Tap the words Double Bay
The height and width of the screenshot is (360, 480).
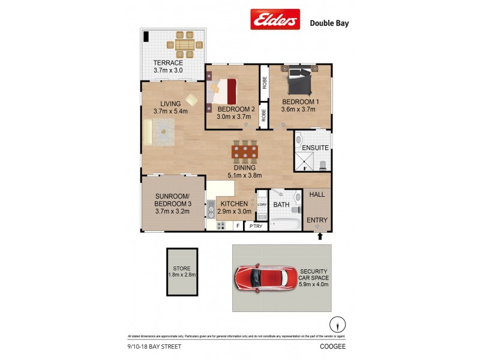point(329,23)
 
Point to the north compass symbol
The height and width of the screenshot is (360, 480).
point(338,324)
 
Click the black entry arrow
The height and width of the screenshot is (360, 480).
point(320,236)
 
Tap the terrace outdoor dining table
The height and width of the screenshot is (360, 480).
point(185,44)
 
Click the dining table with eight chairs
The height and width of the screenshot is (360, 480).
point(245,152)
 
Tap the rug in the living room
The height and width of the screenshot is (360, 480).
point(163,131)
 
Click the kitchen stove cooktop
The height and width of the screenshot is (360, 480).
point(220,226)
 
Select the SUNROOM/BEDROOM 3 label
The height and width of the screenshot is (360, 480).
point(173,200)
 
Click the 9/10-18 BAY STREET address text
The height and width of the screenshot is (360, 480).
point(154,346)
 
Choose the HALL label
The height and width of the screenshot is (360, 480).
point(317,194)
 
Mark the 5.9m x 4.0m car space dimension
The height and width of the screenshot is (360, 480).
point(314,284)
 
